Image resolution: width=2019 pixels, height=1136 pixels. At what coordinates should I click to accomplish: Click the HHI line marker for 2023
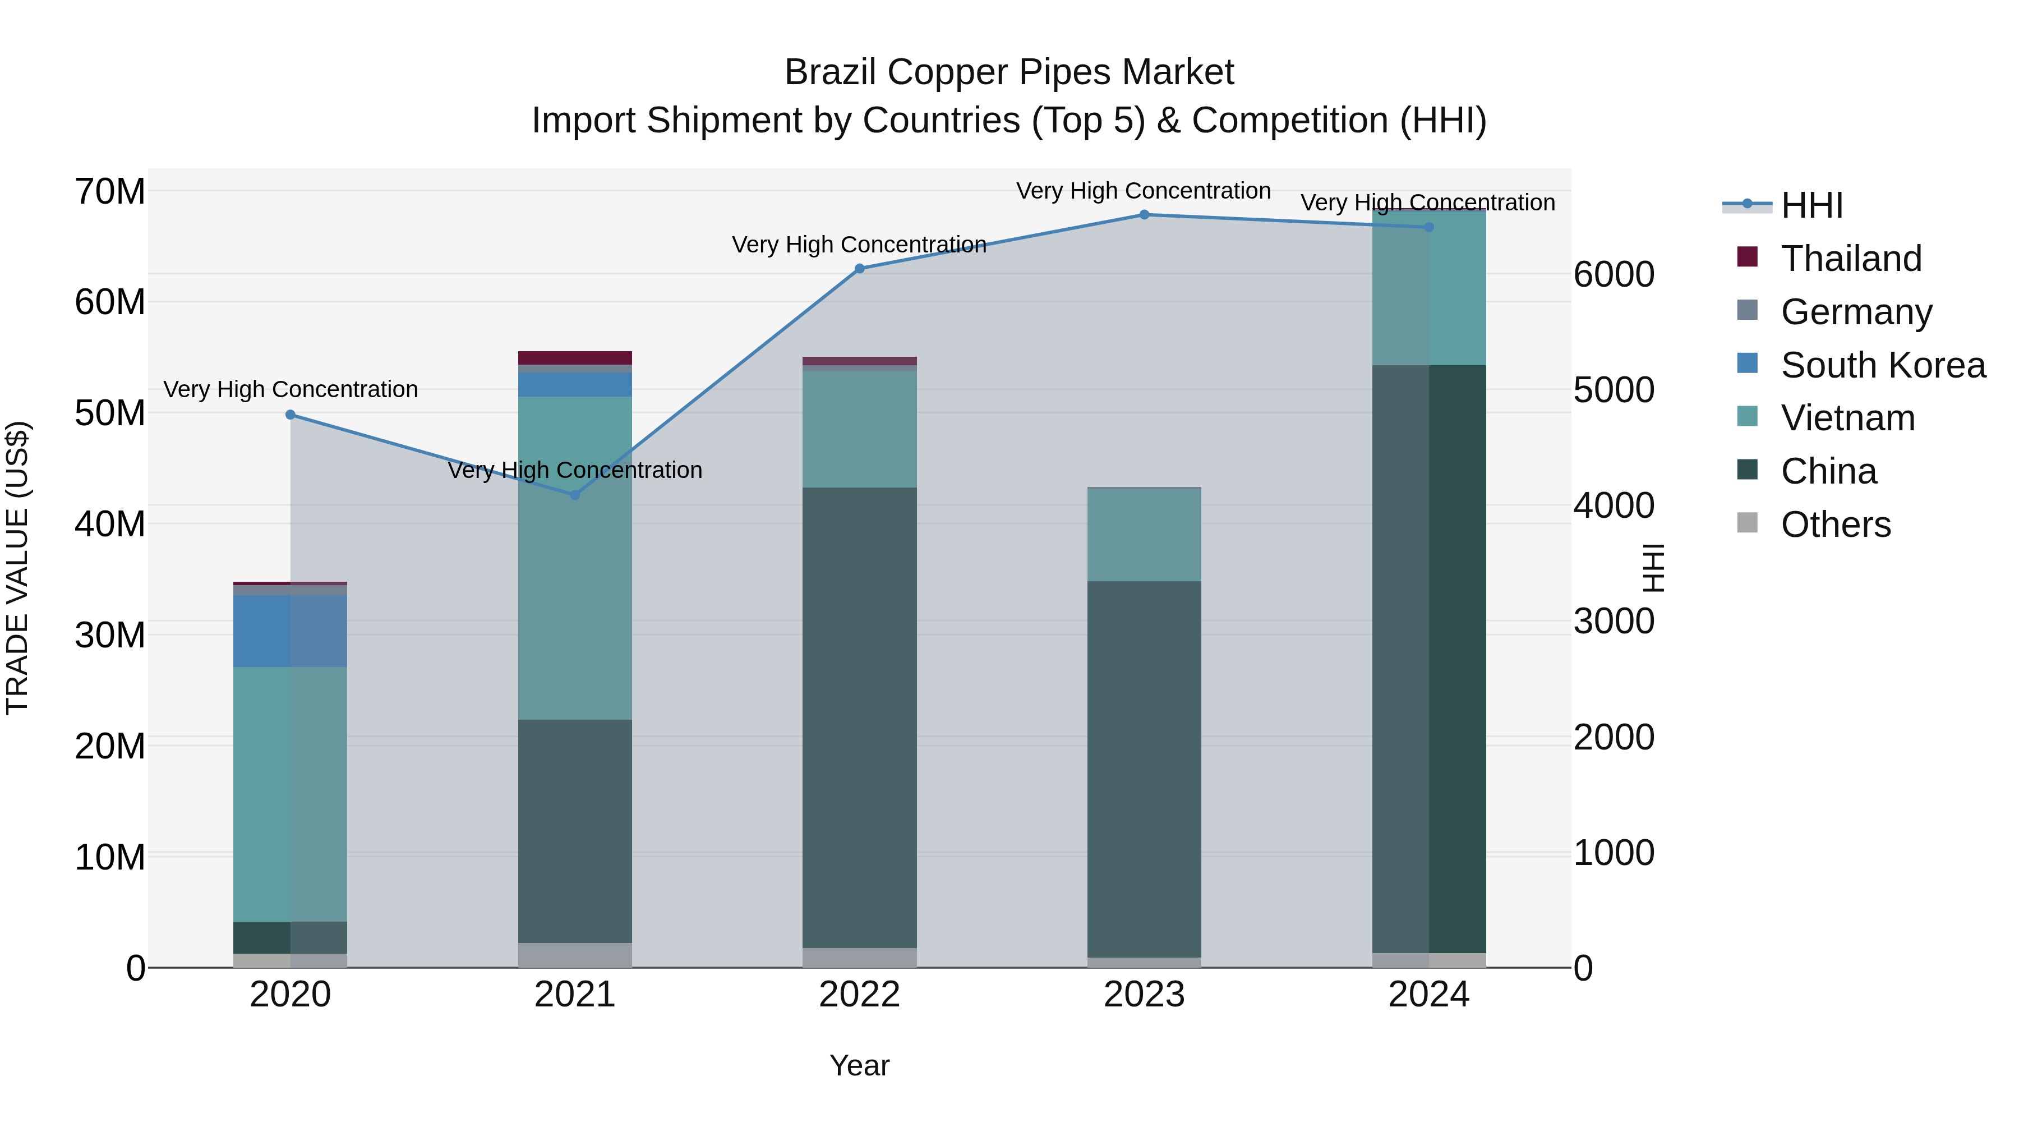pyautogui.click(x=1144, y=215)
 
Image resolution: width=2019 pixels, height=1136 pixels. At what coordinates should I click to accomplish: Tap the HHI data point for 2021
pyautogui.click(x=574, y=495)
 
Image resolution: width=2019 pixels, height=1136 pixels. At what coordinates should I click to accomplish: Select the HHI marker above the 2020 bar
pyautogui.click(x=290, y=415)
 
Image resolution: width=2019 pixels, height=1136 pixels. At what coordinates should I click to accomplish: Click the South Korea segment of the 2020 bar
pyautogui.click(x=290, y=631)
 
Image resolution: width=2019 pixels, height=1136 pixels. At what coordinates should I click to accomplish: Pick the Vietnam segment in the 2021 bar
pyautogui.click(x=574, y=558)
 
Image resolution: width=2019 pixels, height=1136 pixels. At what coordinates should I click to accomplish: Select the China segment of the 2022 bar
pyautogui.click(x=859, y=718)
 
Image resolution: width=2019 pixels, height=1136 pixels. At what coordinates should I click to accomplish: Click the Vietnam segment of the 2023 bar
pyautogui.click(x=1144, y=535)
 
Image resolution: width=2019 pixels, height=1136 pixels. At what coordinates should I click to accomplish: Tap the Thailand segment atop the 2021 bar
pyautogui.click(x=574, y=357)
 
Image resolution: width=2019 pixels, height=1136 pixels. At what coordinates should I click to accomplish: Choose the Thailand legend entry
pyautogui.click(x=1851, y=259)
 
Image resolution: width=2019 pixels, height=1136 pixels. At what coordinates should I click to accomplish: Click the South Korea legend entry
pyautogui.click(x=1882, y=365)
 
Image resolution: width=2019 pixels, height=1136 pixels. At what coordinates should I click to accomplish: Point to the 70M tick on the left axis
pyautogui.click(x=110, y=191)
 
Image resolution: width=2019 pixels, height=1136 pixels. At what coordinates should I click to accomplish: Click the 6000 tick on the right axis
pyautogui.click(x=1613, y=274)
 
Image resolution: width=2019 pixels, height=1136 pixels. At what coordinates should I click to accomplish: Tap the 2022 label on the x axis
pyautogui.click(x=859, y=995)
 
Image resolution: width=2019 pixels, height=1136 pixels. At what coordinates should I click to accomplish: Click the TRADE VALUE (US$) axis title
pyautogui.click(x=17, y=568)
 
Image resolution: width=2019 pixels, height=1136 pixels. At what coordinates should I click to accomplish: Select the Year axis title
pyautogui.click(x=859, y=1065)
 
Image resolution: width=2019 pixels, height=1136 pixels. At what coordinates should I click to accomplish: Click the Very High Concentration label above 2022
pyautogui.click(x=859, y=245)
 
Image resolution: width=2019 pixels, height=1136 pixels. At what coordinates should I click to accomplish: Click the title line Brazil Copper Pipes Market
pyautogui.click(x=1009, y=72)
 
